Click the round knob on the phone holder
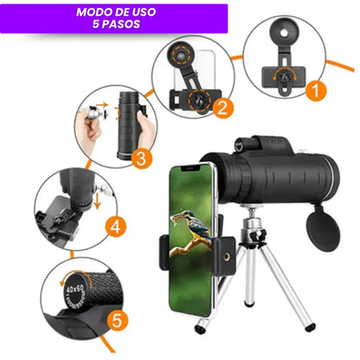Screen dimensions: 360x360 (x=235, y=260)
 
